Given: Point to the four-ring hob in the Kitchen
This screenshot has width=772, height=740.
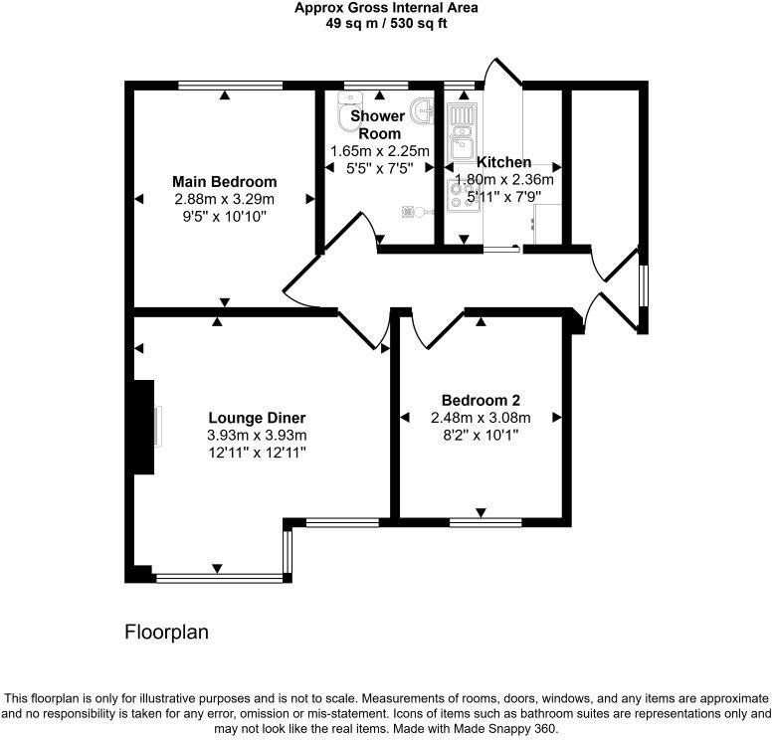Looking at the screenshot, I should pos(462,193).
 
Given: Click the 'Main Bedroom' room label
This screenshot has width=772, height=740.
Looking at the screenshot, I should pos(224,182).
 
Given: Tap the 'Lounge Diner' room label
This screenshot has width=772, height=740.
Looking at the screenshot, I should pos(257,418).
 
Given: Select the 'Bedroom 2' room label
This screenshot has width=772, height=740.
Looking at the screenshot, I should pos(481,400).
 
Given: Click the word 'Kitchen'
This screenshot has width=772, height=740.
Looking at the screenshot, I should pos(503,162).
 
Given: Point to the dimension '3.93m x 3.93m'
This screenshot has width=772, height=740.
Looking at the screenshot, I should pos(257,435).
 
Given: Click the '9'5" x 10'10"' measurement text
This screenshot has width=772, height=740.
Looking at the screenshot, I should pos(224,216).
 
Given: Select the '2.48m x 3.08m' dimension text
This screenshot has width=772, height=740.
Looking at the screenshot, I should pos(481,418).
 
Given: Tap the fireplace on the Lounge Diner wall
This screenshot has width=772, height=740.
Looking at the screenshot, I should pos(146,427).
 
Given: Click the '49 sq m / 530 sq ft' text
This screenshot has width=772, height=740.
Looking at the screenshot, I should pos(386,23).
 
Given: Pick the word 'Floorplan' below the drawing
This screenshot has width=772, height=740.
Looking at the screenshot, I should pos(166,632).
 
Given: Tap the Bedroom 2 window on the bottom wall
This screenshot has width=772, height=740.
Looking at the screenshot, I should pos(484,520).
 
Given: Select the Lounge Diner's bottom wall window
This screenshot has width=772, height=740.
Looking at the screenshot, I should pos(219,575).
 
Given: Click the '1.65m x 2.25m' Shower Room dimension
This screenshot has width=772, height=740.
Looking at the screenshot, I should pos(380,151).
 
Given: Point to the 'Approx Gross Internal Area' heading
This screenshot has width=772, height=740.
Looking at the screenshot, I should pos(386,8).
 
